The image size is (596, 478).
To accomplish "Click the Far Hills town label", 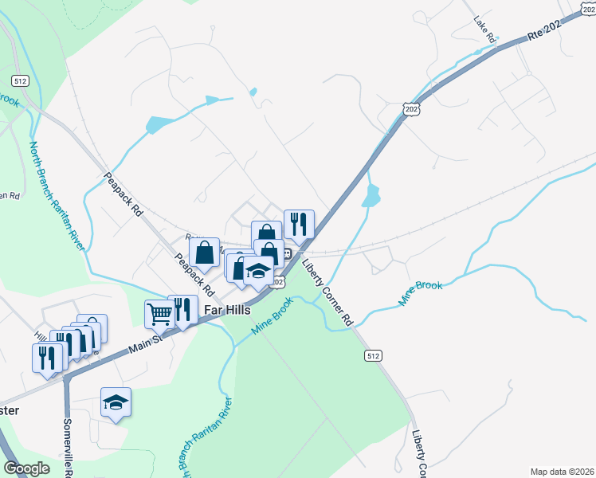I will (226, 309).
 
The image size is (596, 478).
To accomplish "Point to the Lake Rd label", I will (485, 29).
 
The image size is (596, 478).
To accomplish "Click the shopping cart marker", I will (159, 313).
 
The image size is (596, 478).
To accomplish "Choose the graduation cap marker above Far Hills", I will (258, 271).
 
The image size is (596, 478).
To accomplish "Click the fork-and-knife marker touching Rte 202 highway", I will (299, 224).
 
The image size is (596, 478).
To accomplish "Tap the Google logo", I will (27, 468).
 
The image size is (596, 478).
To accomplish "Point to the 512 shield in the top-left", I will (21, 80).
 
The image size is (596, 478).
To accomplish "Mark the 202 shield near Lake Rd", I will (410, 109).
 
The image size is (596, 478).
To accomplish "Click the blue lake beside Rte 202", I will (371, 195).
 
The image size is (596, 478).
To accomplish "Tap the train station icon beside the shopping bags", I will (286, 253).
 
